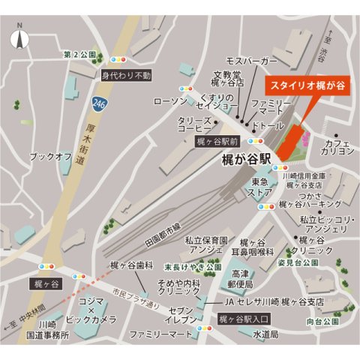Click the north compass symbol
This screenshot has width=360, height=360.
(19, 36)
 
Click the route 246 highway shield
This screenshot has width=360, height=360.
(99, 102)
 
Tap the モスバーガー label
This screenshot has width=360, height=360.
(252, 59)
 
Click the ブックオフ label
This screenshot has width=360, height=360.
(50, 156)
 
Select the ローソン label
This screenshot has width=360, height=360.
(169, 100)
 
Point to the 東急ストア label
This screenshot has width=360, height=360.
(261, 187)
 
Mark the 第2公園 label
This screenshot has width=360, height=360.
(80, 55)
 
